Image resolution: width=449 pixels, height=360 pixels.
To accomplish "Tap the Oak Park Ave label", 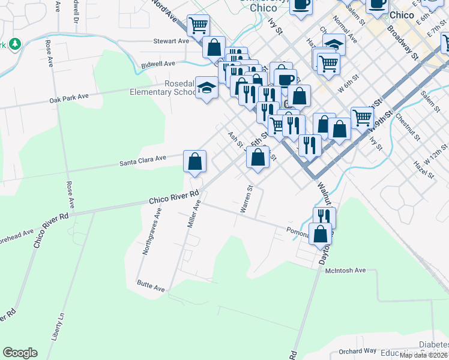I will point(69,96).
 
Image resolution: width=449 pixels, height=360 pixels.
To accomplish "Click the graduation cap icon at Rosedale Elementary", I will point(206,88).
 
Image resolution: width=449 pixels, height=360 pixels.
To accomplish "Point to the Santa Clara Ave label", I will point(142,160).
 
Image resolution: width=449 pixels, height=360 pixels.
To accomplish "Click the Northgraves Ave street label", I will point(152,231).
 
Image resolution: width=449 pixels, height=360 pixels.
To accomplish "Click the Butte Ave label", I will point(150,285).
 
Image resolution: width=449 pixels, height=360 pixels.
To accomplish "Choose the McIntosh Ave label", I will point(345,271).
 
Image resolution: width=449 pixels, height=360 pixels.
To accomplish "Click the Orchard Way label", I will point(357,351).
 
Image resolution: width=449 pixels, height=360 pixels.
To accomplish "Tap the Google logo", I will point(20,353).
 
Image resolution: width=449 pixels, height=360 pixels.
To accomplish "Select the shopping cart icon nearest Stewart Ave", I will point(198,26).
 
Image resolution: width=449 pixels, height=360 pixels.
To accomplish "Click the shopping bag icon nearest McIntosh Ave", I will point(321,234).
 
